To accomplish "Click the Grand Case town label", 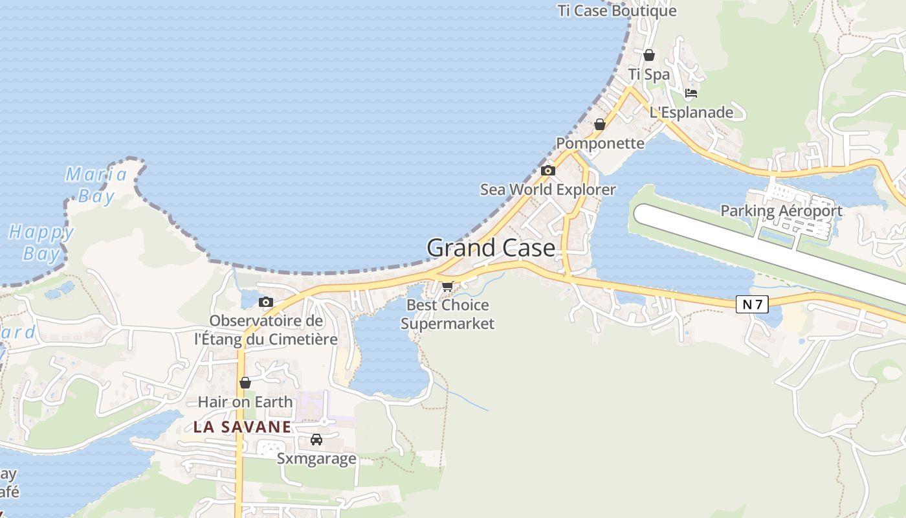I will [x=491, y=248].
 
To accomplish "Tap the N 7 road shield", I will [x=752, y=304].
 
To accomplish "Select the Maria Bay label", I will [x=96, y=185].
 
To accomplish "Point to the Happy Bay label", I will [x=41, y=242].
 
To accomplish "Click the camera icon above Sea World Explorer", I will [x=548, y=171].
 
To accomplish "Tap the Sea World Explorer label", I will [x=547, y=190].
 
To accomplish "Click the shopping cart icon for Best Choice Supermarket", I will [x=447, y=286].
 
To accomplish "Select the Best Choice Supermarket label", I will [x=447, y=314].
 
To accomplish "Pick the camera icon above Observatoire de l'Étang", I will [x=265, y=302].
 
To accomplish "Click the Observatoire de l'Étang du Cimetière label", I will [x=266, y=330].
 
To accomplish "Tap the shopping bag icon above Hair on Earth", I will [x=245, y=383].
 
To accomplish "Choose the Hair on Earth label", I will [x=245, y=402].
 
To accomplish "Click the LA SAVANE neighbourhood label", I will [x=242, y=427].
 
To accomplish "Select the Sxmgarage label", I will [x=316, y=459].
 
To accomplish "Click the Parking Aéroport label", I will [x=781, y=210].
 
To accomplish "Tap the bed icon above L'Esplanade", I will [x=691, y=93].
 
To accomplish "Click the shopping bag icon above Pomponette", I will [x=600, y=124].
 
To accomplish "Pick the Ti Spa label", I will [x=649, y=74].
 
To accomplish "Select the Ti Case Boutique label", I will [x=617, y=11].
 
